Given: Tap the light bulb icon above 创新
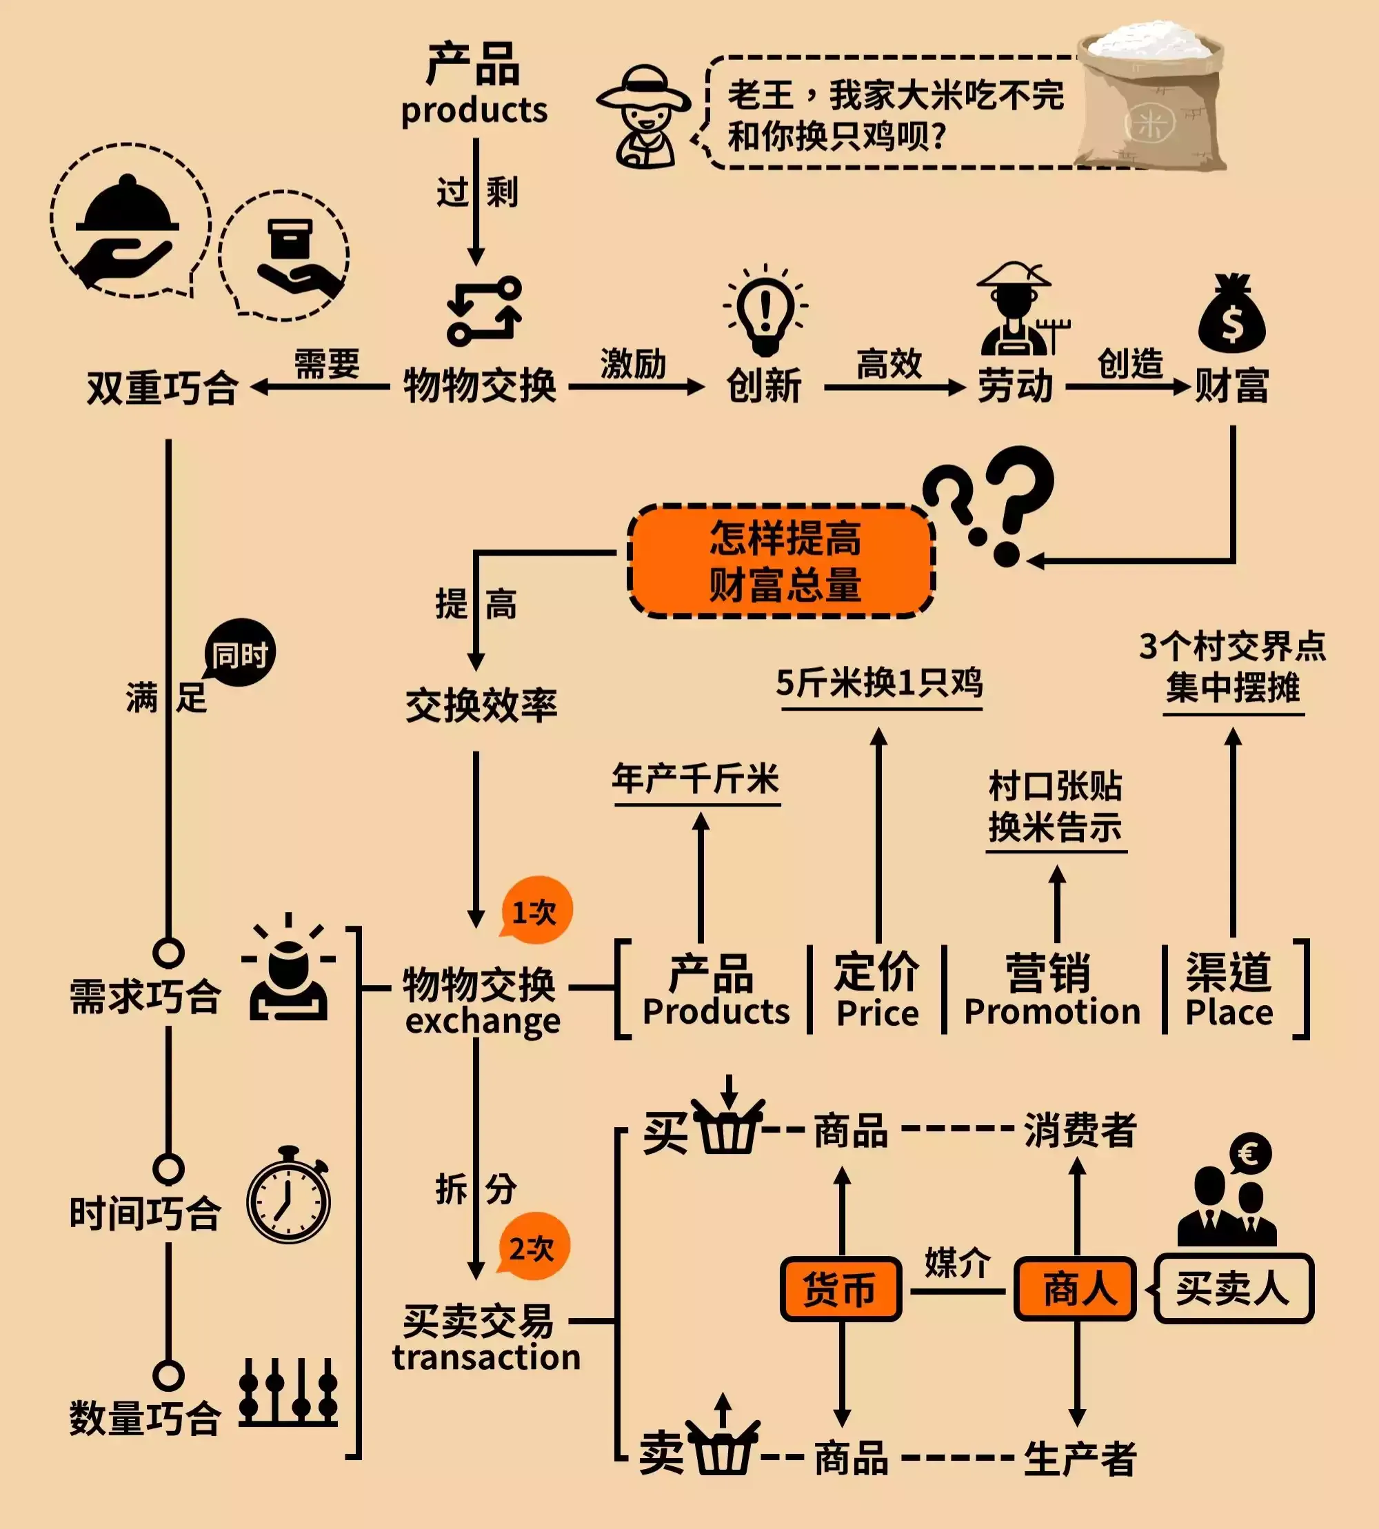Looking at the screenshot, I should tap(765, 311).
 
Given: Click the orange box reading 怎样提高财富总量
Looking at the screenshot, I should tap(782, 560).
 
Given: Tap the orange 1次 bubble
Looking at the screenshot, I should tap(536, 911).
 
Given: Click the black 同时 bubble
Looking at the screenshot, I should tap(239, 653).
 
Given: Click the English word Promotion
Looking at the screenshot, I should tap(1051, 1012).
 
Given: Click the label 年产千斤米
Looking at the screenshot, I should tap(696, 779).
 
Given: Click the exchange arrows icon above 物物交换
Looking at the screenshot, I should tap(484, 312).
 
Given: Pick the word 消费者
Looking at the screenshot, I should tap(1080, 1131).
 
